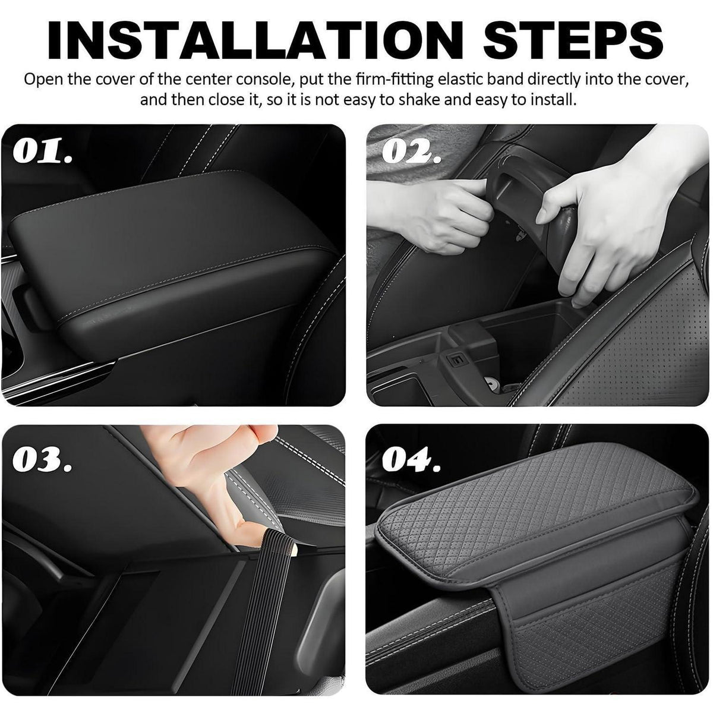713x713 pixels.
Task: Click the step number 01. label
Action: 42,150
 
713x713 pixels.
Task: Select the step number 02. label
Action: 411,150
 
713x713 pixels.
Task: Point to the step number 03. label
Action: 42,459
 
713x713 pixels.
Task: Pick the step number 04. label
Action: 411,459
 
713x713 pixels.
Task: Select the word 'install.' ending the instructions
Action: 553,100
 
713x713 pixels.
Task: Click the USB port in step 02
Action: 454,358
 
